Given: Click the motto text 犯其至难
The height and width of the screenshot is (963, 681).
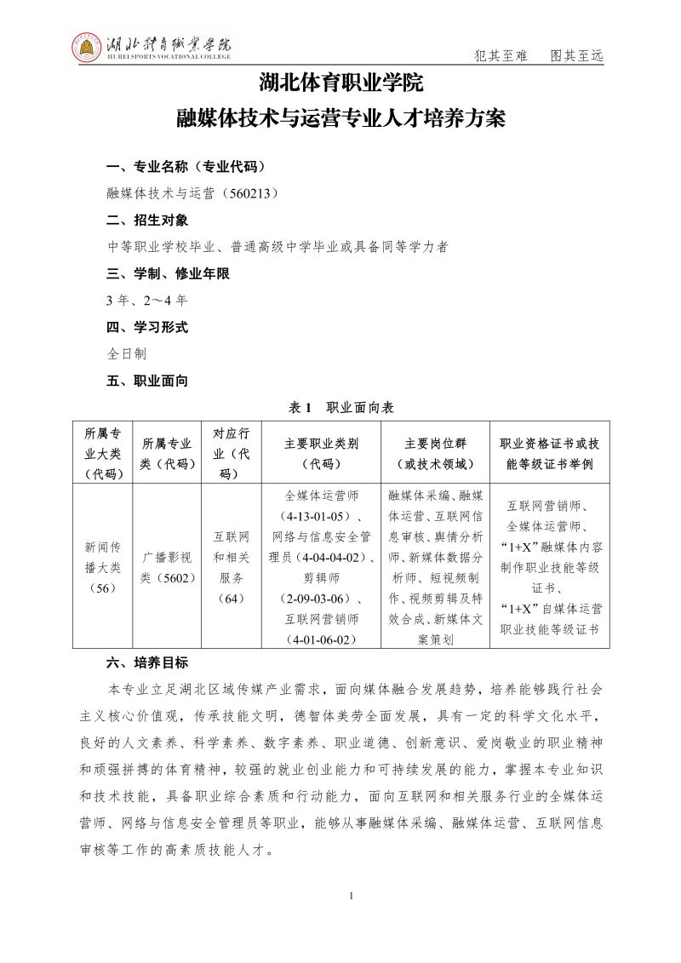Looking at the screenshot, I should click(x=501, y=56).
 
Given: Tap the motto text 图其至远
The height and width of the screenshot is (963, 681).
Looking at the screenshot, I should click(x=576, y=56).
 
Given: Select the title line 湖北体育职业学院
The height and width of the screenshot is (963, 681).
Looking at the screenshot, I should click(x=340, y=85).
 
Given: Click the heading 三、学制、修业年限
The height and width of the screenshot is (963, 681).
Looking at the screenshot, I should click(x=168, y=274).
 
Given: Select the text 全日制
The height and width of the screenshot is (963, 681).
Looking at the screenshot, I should click(x=127, y=354).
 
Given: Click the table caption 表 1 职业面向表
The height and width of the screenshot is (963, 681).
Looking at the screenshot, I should click(x=340, y=408).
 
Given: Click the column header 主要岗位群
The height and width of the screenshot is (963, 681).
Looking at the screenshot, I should click(x=435, y=444).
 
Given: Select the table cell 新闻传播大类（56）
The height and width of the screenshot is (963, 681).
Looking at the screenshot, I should click(x=102, y=565).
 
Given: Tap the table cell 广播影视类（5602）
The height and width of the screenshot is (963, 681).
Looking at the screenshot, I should click(x=167, y=566).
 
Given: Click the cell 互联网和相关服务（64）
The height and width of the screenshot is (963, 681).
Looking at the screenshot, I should click(x=232, y=567).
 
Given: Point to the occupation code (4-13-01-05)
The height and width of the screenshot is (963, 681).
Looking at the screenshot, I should click(x=316, y=517).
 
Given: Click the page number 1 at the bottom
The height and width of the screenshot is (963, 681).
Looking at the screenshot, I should click(x=351, y=897).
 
